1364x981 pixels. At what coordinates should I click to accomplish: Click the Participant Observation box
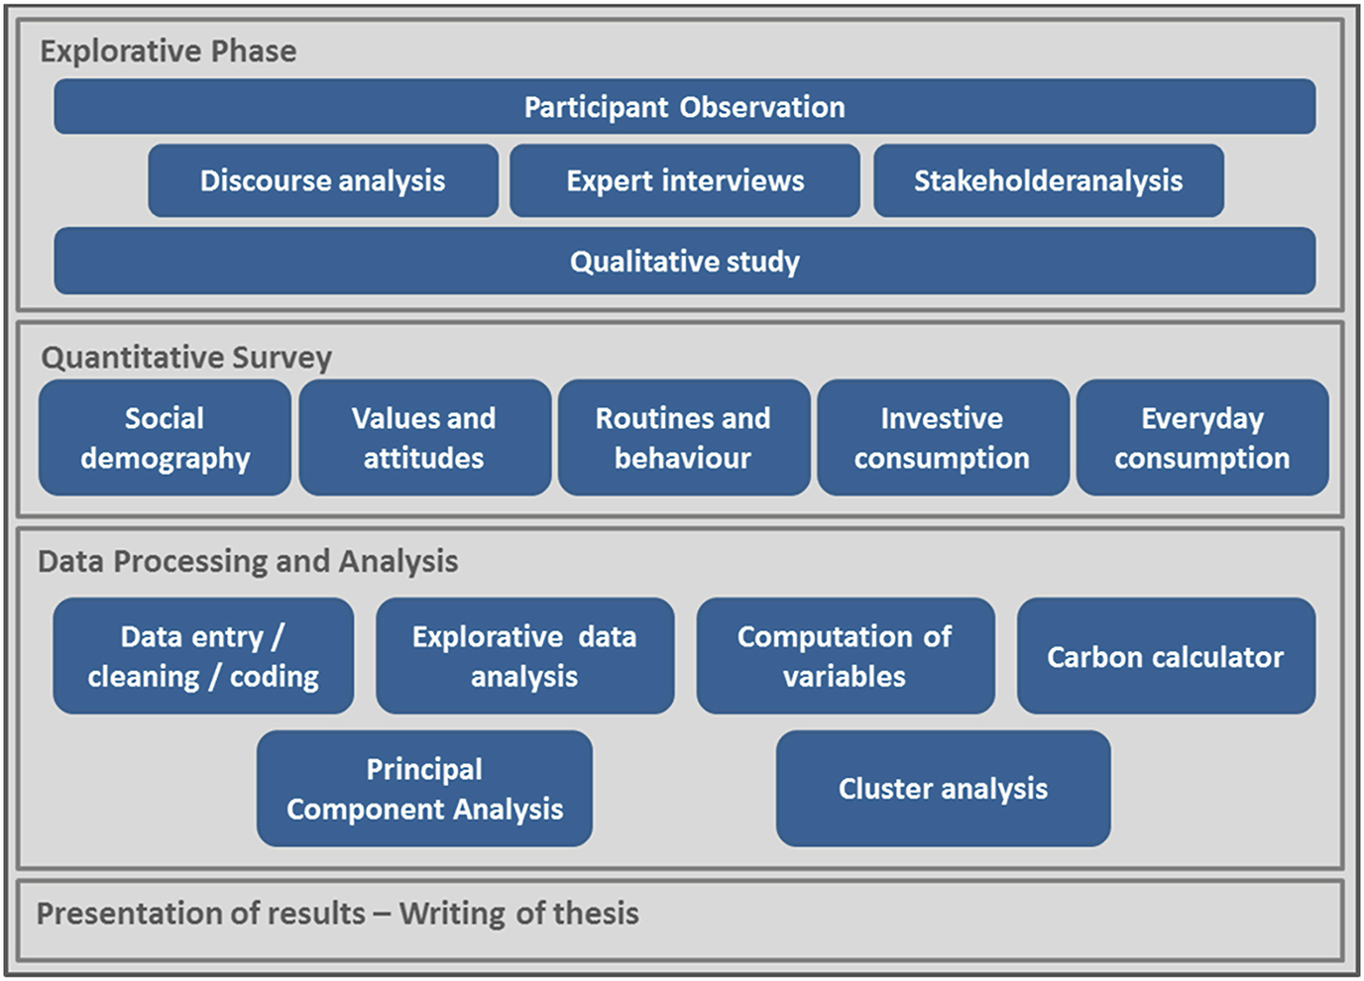684,106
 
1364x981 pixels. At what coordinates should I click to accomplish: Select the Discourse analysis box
323,180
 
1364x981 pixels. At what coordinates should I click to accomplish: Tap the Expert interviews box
685,180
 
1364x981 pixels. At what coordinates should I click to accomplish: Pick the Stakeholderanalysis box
1049,180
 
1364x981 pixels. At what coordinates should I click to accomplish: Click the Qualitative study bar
684,261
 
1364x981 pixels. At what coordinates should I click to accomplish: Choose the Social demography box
165,438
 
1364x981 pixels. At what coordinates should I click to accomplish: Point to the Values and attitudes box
424,438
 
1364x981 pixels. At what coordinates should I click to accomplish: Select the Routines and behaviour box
684,438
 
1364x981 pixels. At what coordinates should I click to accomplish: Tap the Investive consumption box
944,438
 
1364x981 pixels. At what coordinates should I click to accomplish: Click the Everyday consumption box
1202,438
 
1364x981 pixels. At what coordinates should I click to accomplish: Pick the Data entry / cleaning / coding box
203,656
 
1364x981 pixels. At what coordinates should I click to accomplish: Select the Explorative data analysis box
525,656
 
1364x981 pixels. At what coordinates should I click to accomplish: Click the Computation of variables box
846,656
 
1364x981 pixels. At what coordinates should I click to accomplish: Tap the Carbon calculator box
1166,656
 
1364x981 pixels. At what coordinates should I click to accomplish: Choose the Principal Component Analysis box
424,789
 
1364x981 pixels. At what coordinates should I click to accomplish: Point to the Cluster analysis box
944,789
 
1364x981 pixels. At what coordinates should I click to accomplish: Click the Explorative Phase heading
169,52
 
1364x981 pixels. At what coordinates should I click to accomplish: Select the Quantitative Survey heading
186,358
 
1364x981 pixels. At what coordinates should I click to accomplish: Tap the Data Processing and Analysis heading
248,562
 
